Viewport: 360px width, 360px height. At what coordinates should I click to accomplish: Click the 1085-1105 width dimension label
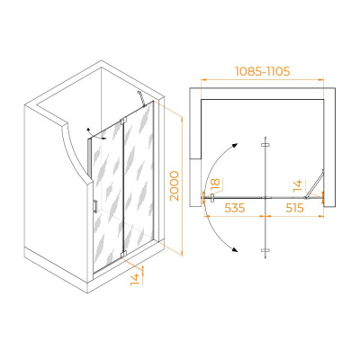click(262, 71)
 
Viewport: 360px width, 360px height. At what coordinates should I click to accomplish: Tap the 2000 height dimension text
click(174, 185)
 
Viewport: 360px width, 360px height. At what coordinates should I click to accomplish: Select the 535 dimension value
click(235, 208)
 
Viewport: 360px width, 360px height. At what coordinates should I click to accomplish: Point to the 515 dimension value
click(294, 208)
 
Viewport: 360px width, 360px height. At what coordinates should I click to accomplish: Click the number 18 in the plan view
click(215, 184)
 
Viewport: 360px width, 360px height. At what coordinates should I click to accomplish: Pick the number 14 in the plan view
click(298, 186)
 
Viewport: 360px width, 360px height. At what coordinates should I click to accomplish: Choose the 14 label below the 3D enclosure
click(136, 279)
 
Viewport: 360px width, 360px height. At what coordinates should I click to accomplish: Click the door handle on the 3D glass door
click(95, 206)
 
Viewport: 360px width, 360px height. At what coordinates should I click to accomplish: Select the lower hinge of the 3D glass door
click(123, 254)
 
